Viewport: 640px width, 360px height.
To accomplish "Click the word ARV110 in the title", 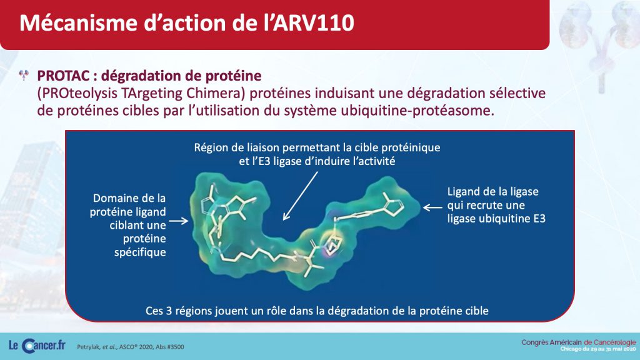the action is [314, 23].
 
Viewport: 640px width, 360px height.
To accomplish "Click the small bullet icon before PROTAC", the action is [24, 75].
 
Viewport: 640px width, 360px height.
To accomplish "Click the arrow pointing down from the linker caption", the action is [301, 196].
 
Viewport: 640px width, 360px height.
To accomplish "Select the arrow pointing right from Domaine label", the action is [179, 221].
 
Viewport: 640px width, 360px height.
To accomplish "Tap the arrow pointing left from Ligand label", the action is [432, 207].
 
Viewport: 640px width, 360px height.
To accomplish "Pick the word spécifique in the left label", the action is [140, 252].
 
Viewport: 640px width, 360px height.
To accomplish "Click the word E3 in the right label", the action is [539, 219].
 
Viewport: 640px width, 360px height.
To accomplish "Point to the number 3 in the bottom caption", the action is [169, 311].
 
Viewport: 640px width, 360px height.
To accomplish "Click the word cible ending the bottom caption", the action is [477, 311].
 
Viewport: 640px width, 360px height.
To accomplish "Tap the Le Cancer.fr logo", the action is [37, 346].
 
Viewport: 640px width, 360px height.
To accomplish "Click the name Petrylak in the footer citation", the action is [88, 347].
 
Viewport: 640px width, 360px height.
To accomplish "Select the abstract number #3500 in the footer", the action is [176, 347].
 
